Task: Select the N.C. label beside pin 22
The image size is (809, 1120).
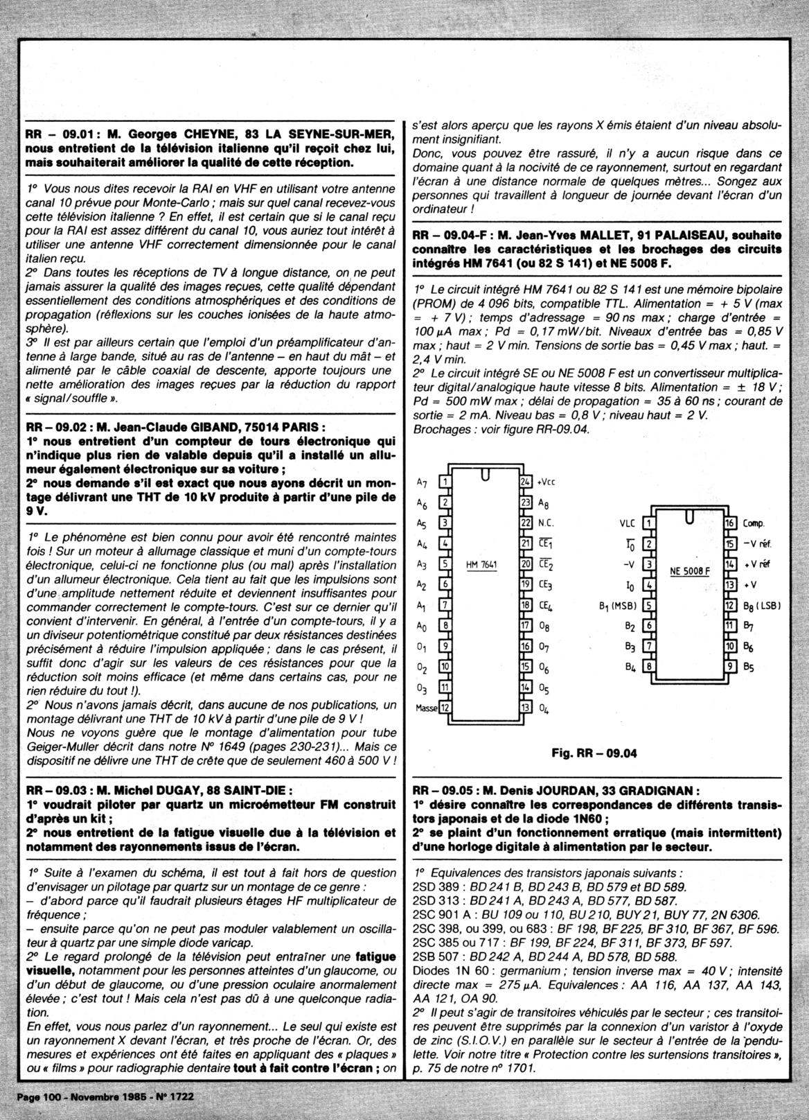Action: pos(546,523)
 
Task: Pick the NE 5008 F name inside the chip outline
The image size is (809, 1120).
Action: pos(689,572)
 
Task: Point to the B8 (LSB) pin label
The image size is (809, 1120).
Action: pos(761,605)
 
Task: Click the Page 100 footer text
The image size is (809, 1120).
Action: pos(44,1098)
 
